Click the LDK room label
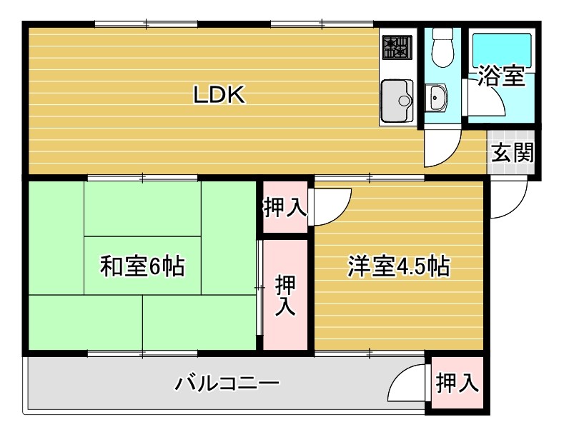click(219, 95)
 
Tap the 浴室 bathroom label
click(501, 76)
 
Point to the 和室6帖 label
click(142, 266)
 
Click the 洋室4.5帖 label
click(398, 266)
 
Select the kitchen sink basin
click(395, 100)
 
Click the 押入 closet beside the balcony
click(457, 383)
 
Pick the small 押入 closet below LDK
click(285, 208)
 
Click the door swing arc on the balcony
click(409, 387)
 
